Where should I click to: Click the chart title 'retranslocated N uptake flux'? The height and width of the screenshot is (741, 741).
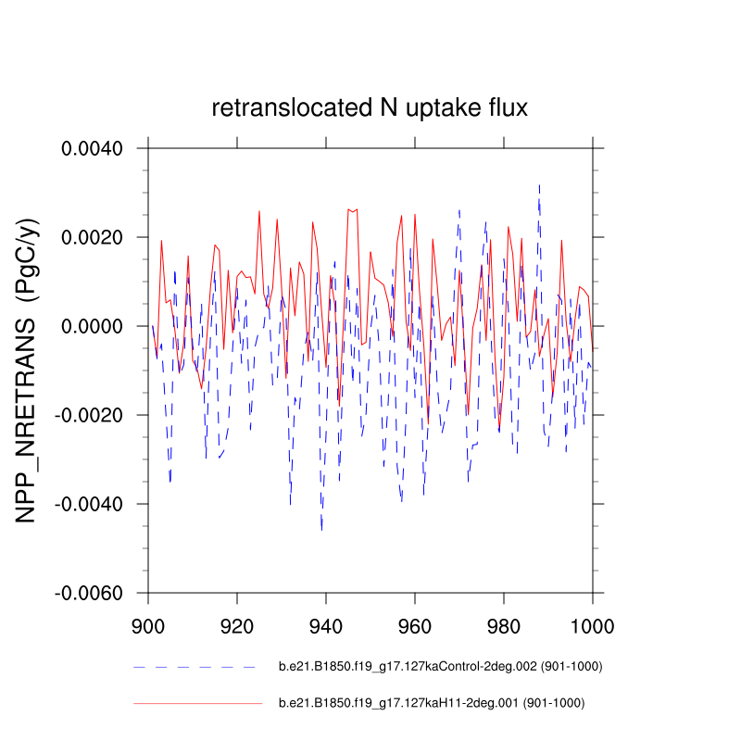[x=370, y=108]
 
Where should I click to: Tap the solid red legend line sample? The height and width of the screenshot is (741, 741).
[x=197, y=703]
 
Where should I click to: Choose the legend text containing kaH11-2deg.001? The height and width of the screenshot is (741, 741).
[x=432, y=703]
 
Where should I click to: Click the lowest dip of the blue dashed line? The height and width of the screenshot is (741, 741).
[x=321, y=530]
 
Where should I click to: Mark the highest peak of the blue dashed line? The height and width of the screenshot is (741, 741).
[x=539, y=184]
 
